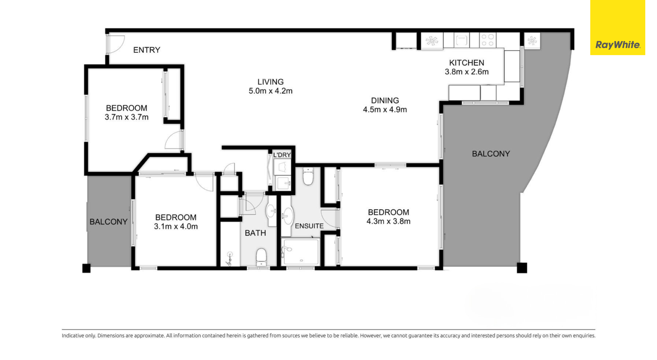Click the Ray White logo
tap(617, 45)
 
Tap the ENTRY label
tap(147, 50)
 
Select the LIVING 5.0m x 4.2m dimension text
tap(270, 91)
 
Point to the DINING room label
tap(385, 100)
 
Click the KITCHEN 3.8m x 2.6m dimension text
tap(467, 72)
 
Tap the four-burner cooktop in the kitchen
tap(488, 40)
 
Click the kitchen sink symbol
tap(461, 40)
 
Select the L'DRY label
tap(282, 155)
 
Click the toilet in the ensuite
tap(308, 177)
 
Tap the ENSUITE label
tap(309, 226)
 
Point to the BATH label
tap(255, 233)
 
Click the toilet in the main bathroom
tap(261, 257)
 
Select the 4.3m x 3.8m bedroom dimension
tap(388, 221)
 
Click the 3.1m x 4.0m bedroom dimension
tap(176, 227)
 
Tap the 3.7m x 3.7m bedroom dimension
tap(126, 117)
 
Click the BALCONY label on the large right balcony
tap(491, 154)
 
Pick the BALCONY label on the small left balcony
tap(109, 222)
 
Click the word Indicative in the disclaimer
tap(73, 336)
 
